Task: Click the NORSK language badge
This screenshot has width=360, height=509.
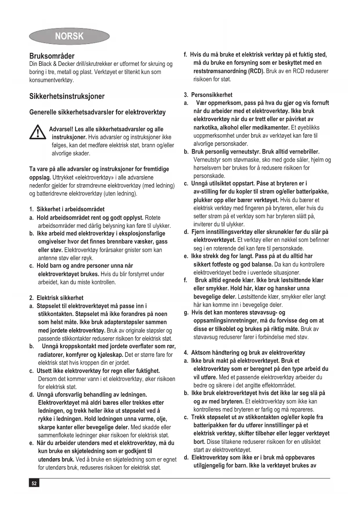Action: (x=69, y=36)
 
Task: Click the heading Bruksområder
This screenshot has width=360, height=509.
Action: (x=52, y=56)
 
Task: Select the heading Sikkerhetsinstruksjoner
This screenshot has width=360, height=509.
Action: (x=67, y=96)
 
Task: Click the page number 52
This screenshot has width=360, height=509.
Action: (x=34, y=483)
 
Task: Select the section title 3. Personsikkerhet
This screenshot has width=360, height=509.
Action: (x=208, y=95)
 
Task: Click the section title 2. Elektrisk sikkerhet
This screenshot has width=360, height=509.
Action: (x=57, y=298)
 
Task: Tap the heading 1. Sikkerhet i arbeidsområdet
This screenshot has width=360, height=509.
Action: (x=67, y=209)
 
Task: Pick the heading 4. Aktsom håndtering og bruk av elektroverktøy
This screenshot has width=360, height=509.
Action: (x=245, y=353)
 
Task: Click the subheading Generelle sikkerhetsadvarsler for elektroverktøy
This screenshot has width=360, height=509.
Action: (x=97, y=112)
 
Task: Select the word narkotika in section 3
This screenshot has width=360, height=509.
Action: (x=207, y=127)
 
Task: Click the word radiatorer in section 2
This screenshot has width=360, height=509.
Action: (x=51, y=355)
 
